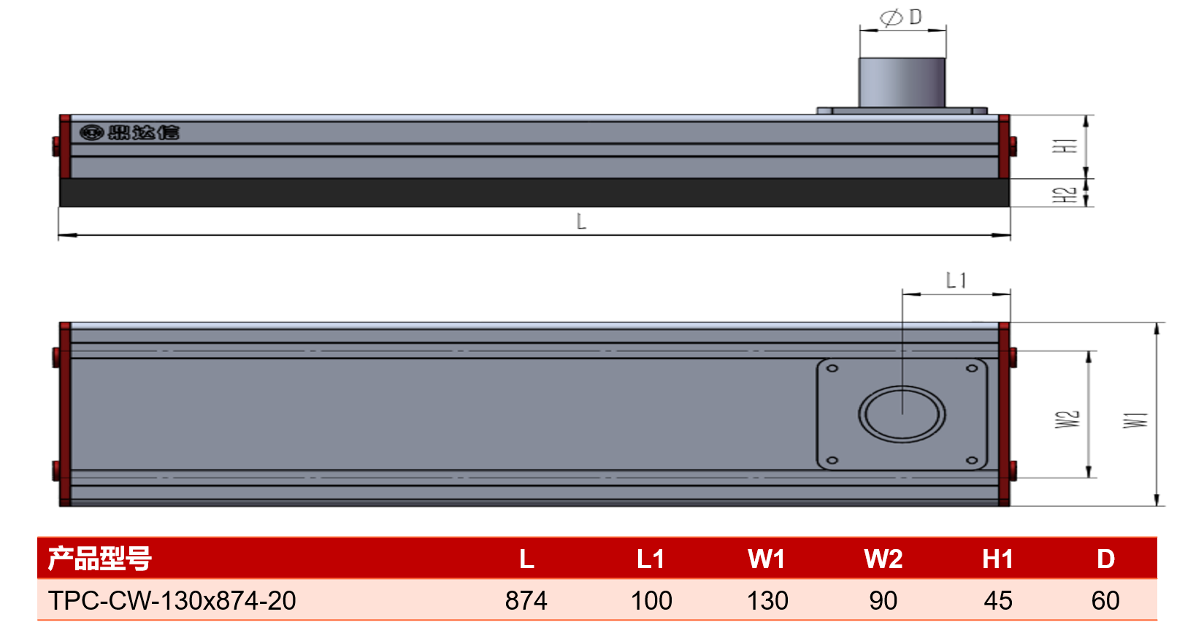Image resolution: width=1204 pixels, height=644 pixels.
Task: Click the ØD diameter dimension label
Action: [901, 18]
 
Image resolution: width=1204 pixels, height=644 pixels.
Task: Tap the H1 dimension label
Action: [1065, 146]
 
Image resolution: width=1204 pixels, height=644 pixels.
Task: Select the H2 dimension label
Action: [1065, 195]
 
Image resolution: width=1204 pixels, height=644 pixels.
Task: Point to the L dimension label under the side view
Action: [581, 221]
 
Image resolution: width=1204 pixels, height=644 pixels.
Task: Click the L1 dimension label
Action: [956, 280]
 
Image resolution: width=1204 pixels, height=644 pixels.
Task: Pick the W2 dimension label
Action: [1067, 419]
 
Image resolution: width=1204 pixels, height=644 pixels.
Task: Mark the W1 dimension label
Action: [1135, 420]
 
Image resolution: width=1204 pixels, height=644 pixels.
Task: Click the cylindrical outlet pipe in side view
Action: [902, 83]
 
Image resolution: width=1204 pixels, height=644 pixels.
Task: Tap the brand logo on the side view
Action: [129, 132]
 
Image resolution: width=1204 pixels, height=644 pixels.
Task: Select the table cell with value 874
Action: [526, 600]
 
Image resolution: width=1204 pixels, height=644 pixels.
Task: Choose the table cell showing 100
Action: [651, 600]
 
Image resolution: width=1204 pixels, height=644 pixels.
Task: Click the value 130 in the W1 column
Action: [767, 600]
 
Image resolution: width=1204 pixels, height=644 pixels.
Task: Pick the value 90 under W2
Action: [883, 600]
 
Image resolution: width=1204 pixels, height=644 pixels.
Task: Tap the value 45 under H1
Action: [998, 600]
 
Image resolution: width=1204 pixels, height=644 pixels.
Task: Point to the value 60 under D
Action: [1105, 600]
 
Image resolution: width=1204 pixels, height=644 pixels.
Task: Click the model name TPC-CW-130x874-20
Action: [172, 600]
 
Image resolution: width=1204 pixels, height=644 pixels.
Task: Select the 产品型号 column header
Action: [100, 559]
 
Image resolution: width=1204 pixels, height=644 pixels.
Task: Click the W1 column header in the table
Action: [767, 559]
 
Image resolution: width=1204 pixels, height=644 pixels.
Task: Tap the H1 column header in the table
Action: [998, 559]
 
